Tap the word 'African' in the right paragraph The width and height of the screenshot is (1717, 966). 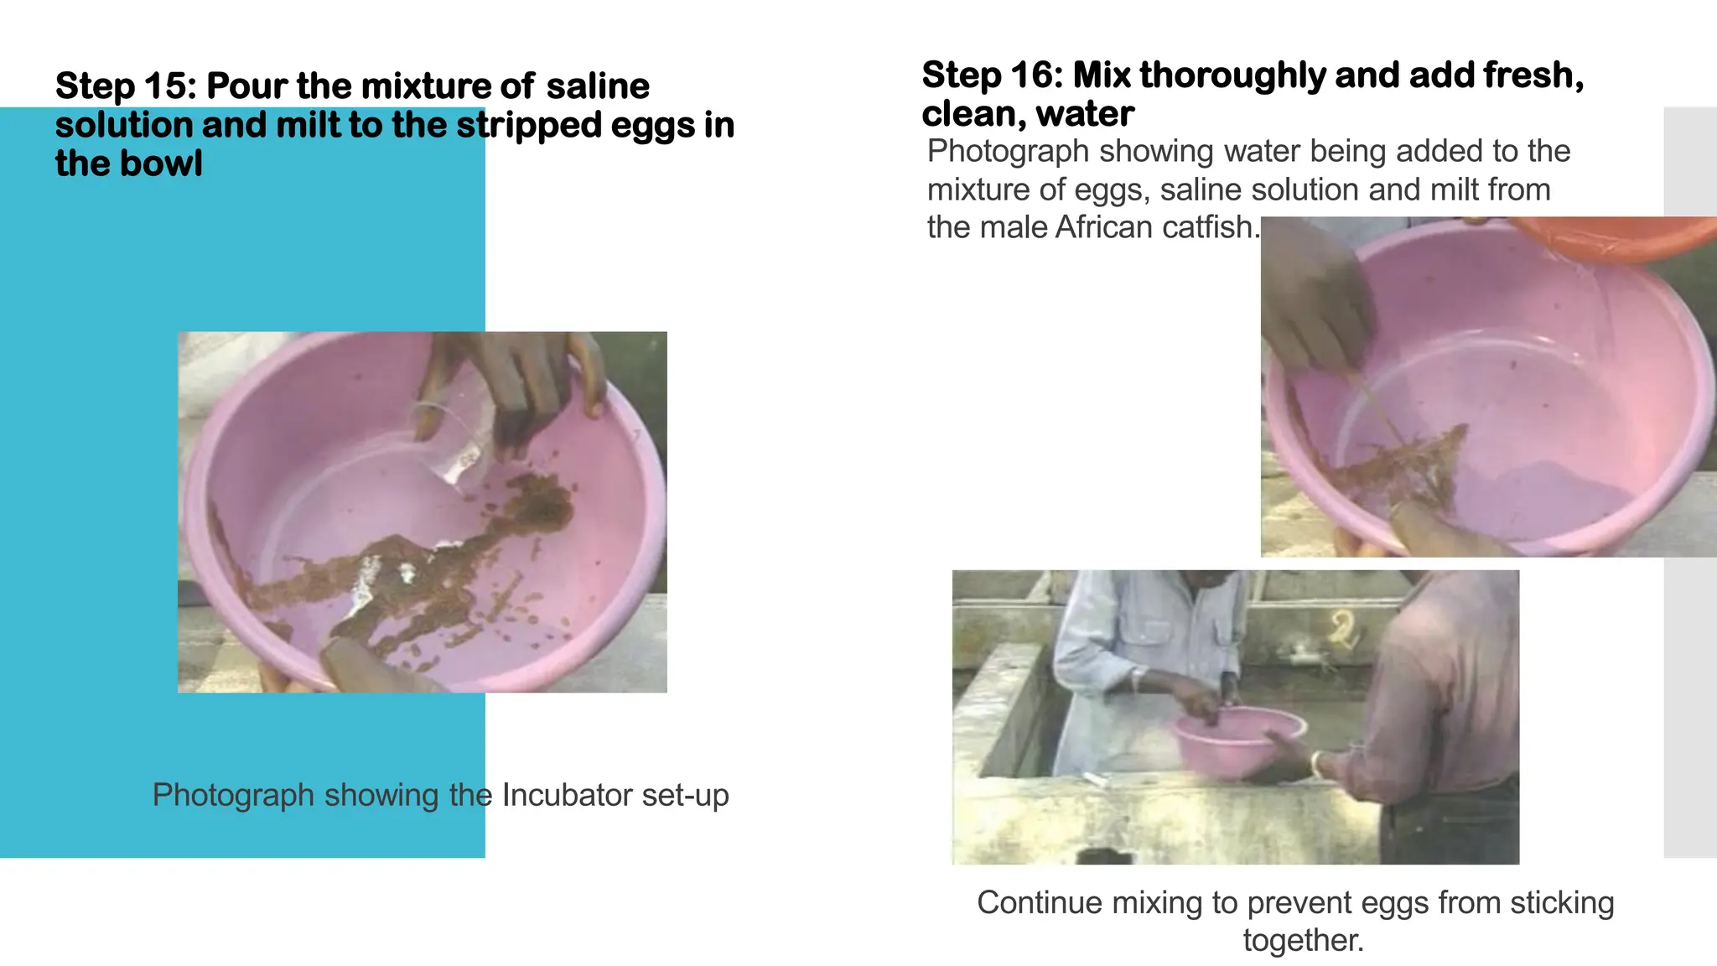pos(1104,227)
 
